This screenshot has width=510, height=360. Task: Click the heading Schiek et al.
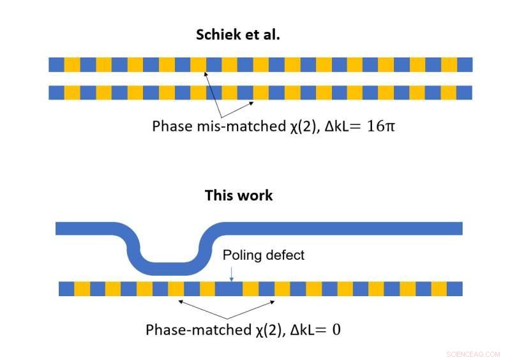[237, 34]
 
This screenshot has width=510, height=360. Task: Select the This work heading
[238, 195]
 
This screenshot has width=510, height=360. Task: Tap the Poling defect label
[264, 255]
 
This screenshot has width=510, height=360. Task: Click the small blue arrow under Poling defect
[231, 273]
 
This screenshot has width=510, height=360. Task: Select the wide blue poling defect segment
[229, 289]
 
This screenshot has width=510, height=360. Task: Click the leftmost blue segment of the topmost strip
[56, 64]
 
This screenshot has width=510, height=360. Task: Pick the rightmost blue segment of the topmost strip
[465, 64]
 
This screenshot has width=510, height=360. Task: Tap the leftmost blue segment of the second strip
[56, 93]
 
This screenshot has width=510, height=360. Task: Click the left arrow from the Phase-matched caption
[201, 308]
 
